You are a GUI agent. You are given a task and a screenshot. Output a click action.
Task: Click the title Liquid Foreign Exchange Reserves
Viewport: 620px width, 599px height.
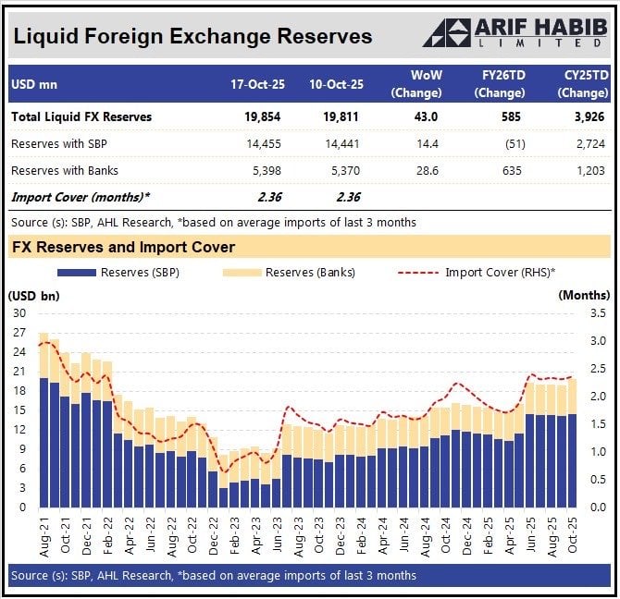[192, 36]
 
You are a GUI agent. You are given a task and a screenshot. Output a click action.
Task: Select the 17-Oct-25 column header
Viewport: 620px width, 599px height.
[258, 85]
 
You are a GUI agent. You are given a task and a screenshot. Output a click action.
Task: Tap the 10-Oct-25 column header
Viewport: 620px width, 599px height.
[337, 85]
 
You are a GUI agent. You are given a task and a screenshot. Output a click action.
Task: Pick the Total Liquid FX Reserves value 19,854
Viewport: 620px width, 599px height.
[263, 117]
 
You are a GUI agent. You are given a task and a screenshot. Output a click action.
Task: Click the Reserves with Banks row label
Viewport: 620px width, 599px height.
[65, 171]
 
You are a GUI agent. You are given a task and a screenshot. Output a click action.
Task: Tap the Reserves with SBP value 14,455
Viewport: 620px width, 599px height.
[263, 144]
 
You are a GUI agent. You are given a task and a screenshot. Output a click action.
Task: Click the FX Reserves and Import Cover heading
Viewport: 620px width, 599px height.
[123, 247]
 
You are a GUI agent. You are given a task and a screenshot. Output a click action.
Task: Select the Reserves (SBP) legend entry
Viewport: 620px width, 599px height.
[118, 273]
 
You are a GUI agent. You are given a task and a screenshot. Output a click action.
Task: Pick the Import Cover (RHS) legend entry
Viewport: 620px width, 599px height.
[480, 273]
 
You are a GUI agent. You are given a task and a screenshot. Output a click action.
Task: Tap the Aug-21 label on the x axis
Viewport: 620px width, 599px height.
[44, 536]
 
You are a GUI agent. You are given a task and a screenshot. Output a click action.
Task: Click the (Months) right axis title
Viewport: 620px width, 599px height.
[584, 295]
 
